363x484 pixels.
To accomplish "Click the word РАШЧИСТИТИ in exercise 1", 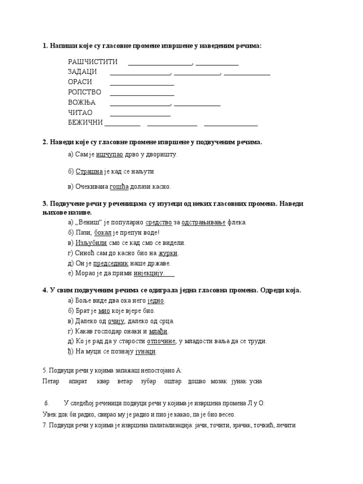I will (x=93, y=62).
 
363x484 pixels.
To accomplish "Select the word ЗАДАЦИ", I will (x=82, y=72).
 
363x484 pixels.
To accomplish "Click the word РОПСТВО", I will (x=85, y=92).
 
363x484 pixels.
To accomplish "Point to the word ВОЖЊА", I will (x=82, y=103).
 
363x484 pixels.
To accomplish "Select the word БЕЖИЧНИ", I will (x=86, y=123).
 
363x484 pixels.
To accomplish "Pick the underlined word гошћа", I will (x=119, y=187).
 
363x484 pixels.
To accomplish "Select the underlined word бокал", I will (x=103, y=233).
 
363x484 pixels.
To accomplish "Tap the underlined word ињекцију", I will (x=148, y=273).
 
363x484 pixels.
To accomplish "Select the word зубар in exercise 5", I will (x=148, y=381).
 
